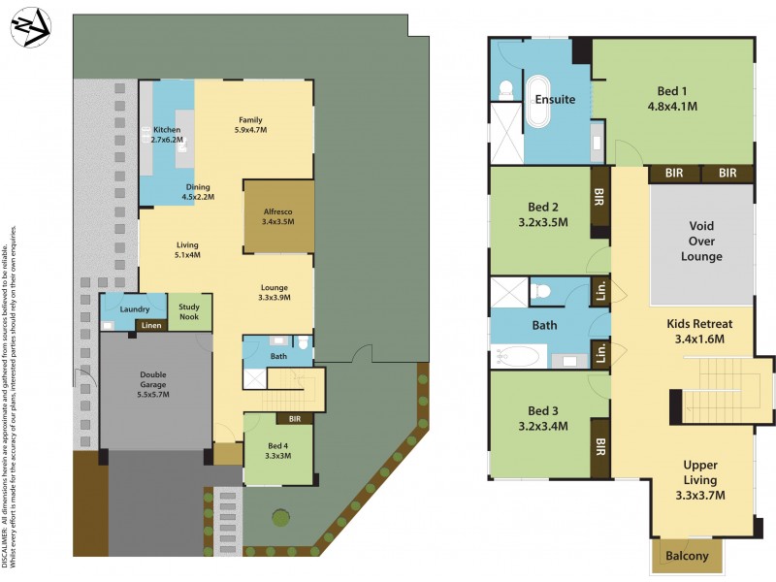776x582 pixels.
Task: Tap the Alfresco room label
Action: [x=277, y=210]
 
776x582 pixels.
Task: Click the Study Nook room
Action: [x=189, y=310]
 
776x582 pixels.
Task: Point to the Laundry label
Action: [x=134, y=309]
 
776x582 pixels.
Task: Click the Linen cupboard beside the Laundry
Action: [x=151, y=325]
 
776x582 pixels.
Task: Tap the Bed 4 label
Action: [x=277, y=446]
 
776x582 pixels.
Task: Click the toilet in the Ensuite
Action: [x=504, y=90]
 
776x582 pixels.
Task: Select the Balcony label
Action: [x=686, y=556]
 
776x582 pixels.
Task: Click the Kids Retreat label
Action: [x=698, y=323]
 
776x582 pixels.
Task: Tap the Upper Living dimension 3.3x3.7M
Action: [x=699, y=496]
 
